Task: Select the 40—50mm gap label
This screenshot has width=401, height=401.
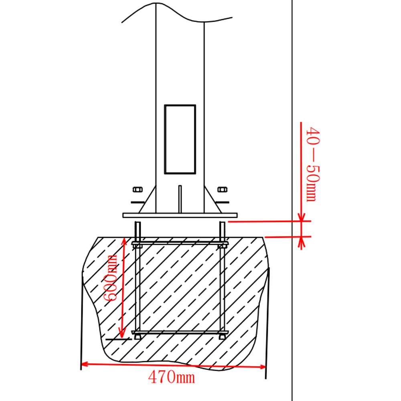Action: tap(312, 164)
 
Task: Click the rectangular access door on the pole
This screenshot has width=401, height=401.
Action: tap(180, 139)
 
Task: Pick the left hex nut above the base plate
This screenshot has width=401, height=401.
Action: tap(137, 189)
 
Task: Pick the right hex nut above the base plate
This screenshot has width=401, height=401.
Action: tap(221, 189)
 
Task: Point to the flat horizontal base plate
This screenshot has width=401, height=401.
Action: tap(180, 215)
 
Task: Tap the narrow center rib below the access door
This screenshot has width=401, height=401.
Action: tap(180, 198)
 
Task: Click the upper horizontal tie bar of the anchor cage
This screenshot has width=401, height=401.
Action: tap(180, 243)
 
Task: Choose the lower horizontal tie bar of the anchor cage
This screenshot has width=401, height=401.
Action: tap(180, 332)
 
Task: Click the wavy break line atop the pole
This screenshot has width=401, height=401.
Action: tap(176, 14)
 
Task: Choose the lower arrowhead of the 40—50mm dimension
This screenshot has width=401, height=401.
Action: tap(301, 240)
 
